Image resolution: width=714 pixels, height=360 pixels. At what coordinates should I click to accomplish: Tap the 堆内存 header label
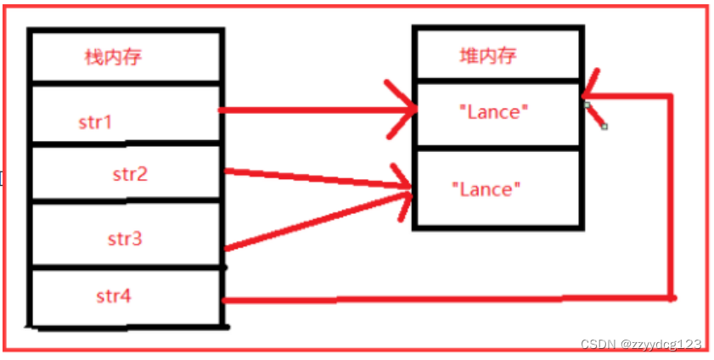(486, 56)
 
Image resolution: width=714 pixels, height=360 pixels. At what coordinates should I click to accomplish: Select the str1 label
(95, 122)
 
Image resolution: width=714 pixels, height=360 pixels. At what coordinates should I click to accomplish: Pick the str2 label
(130, 175)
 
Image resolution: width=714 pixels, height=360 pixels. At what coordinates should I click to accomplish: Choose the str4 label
(114, 296)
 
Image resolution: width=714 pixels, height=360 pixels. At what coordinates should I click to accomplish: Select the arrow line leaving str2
(314, 178)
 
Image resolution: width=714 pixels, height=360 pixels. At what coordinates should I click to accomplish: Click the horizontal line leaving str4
(441, 299)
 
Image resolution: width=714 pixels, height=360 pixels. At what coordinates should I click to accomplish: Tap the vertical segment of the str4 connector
(672, 195)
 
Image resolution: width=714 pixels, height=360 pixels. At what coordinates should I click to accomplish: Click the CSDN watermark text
(641, 344)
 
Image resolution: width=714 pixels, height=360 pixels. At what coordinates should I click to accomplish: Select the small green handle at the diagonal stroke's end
(604, 127)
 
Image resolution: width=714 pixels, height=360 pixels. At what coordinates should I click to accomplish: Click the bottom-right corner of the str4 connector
(672, 298)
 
